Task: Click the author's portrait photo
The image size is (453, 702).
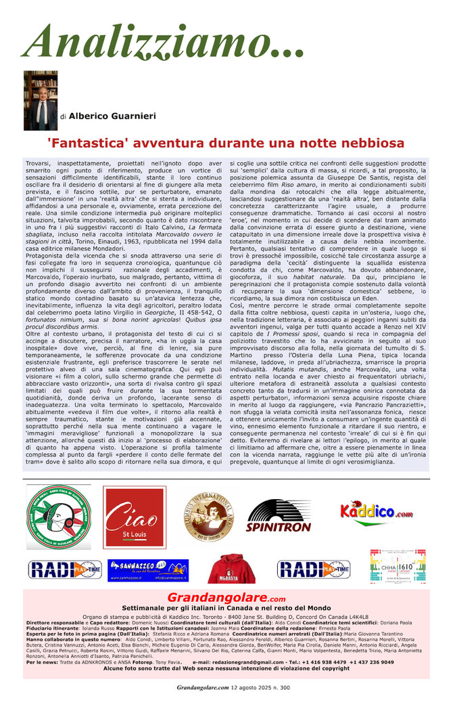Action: [41, 101]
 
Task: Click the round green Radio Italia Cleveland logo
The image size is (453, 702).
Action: [58, 517]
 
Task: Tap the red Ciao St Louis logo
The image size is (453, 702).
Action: [134, 517]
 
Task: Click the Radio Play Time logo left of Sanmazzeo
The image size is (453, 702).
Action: [65, 569]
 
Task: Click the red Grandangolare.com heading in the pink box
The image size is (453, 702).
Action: [226, 598]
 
